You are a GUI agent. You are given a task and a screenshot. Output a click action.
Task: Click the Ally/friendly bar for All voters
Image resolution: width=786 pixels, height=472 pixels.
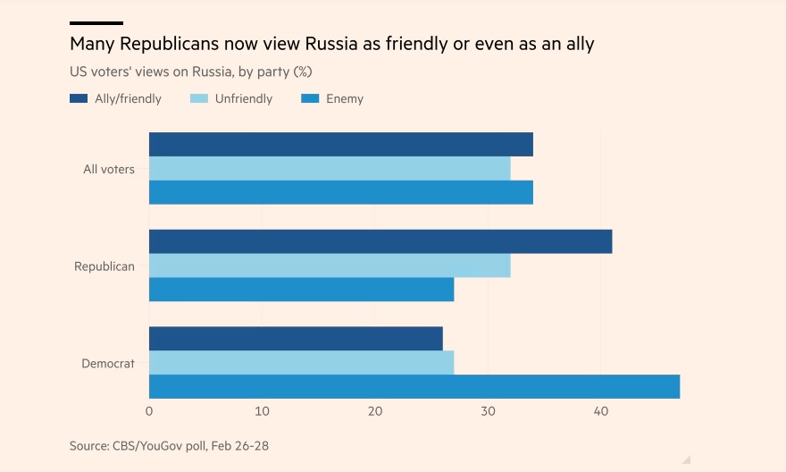(x=340, y=144)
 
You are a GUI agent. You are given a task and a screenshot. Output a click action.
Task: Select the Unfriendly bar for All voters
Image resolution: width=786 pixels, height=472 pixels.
(x=330, y=168)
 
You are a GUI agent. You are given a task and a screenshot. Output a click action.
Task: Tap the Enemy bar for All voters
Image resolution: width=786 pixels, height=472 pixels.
(x=340, y=192)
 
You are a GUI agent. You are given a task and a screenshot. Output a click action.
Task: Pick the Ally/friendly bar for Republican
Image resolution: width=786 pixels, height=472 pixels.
(x=380, y=241)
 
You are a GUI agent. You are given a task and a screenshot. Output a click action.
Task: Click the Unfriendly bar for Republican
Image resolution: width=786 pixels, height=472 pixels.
(x=330, y=265)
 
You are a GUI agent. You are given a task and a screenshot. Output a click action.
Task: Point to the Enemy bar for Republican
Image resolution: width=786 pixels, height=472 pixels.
(x=301, y=290)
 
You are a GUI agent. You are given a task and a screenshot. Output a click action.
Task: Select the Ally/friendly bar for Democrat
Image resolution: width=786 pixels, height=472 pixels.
(x=296, y=339)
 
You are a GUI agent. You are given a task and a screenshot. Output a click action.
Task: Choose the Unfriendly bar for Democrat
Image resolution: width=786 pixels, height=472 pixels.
(x=301, y=363)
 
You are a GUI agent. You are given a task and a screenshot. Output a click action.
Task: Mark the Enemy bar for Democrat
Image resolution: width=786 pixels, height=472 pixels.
(x=414, y=386)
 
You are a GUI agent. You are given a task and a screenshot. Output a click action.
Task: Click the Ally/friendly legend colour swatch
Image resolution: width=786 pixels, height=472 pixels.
(x=79, y=98)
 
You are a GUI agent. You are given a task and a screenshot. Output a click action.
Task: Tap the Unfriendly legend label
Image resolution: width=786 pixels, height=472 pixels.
(x=244, y=98)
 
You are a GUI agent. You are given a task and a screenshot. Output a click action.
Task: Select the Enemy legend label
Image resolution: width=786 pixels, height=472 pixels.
(x=345, y=98)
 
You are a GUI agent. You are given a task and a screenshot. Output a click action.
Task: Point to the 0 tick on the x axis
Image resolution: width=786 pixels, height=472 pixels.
(x=149, y=411)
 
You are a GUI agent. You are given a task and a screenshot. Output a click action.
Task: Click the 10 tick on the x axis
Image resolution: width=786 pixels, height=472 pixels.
(x=262, y=411)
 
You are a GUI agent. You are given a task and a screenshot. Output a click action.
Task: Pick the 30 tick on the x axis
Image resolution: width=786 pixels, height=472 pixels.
(x=488, y=411)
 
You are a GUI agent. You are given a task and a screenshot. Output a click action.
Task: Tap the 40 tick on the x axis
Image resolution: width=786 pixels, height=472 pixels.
(x=601, y=411)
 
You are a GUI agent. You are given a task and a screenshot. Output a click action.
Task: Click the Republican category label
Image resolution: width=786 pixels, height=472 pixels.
(x=105, y=266)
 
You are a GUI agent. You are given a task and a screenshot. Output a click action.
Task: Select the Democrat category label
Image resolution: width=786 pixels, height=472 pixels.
(x=108, y=363)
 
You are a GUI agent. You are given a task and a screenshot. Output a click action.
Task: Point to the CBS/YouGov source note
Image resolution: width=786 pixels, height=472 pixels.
(x=181, y=444)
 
